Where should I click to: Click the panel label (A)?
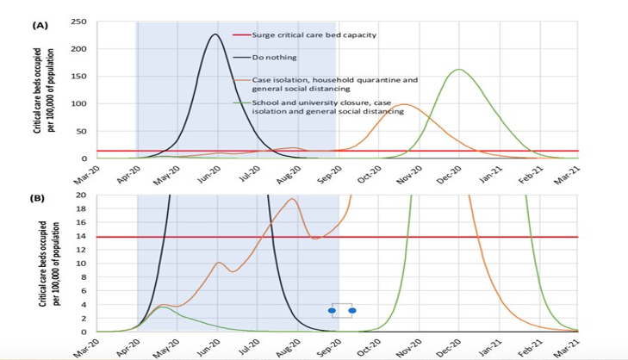coord(39,26)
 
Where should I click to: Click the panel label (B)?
coord(39,198)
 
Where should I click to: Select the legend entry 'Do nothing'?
coord(274,57)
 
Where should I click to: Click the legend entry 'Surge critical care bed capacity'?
coord(314,35)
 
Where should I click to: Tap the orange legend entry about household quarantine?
coord(334,84)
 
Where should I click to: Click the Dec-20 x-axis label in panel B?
coord(446,347)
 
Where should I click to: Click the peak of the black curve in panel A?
coord(215,34)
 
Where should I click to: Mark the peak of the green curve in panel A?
coord(458,70)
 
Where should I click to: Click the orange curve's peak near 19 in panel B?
coord(293,199)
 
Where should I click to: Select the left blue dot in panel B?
coord(332,310)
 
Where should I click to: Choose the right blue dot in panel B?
coord(351,310)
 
